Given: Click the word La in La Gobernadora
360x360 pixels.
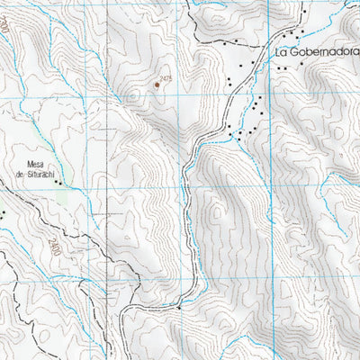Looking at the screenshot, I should [x=282, y=52].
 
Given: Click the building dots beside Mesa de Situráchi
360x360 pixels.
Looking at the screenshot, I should [x=60, y=183].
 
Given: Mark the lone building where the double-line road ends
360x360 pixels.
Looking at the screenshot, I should [x=179, y=308].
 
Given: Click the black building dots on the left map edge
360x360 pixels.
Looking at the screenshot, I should [x=2, y=213].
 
